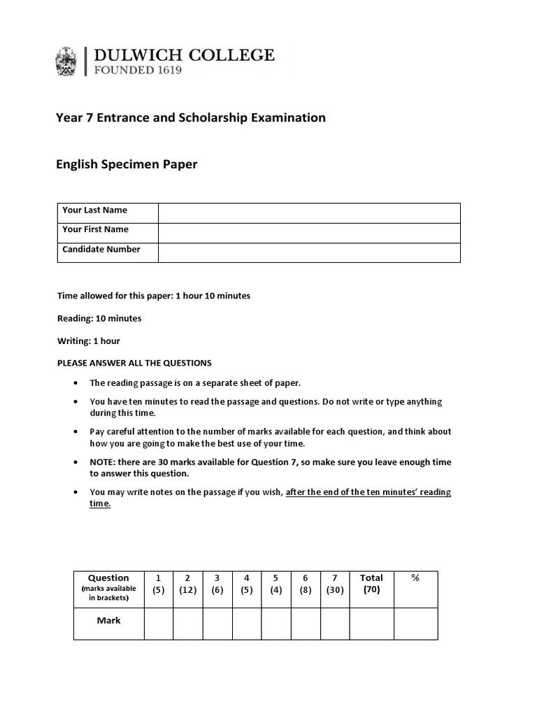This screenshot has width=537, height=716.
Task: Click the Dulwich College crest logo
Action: click(x=66, y=61)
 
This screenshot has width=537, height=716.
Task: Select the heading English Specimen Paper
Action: click(x=127, y=164)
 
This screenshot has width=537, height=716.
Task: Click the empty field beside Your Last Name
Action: click(x=309, y=213)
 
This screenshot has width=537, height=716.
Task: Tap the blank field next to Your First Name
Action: click(x=309, y=232)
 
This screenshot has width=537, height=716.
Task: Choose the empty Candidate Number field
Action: click(x=309, y=252)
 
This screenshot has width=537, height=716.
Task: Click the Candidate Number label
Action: click(x=101, y=250)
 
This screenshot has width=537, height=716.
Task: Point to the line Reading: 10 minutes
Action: click(x=99, y=318)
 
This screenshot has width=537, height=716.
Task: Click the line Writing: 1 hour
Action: click(x=88, y=341)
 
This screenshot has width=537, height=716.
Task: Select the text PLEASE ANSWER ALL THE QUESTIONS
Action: click(x=134, y=363)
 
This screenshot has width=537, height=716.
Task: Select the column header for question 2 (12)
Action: click(x=187, y=584)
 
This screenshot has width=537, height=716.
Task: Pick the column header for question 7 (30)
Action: click(x=334, y=584)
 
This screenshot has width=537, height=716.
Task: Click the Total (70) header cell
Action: click(x=371, y=583)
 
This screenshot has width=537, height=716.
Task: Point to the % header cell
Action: click(x=415, y=578)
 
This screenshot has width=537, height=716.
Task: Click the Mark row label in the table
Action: click(x=108, y=620)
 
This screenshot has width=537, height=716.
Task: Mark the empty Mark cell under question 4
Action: click(x=246, y=623)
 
